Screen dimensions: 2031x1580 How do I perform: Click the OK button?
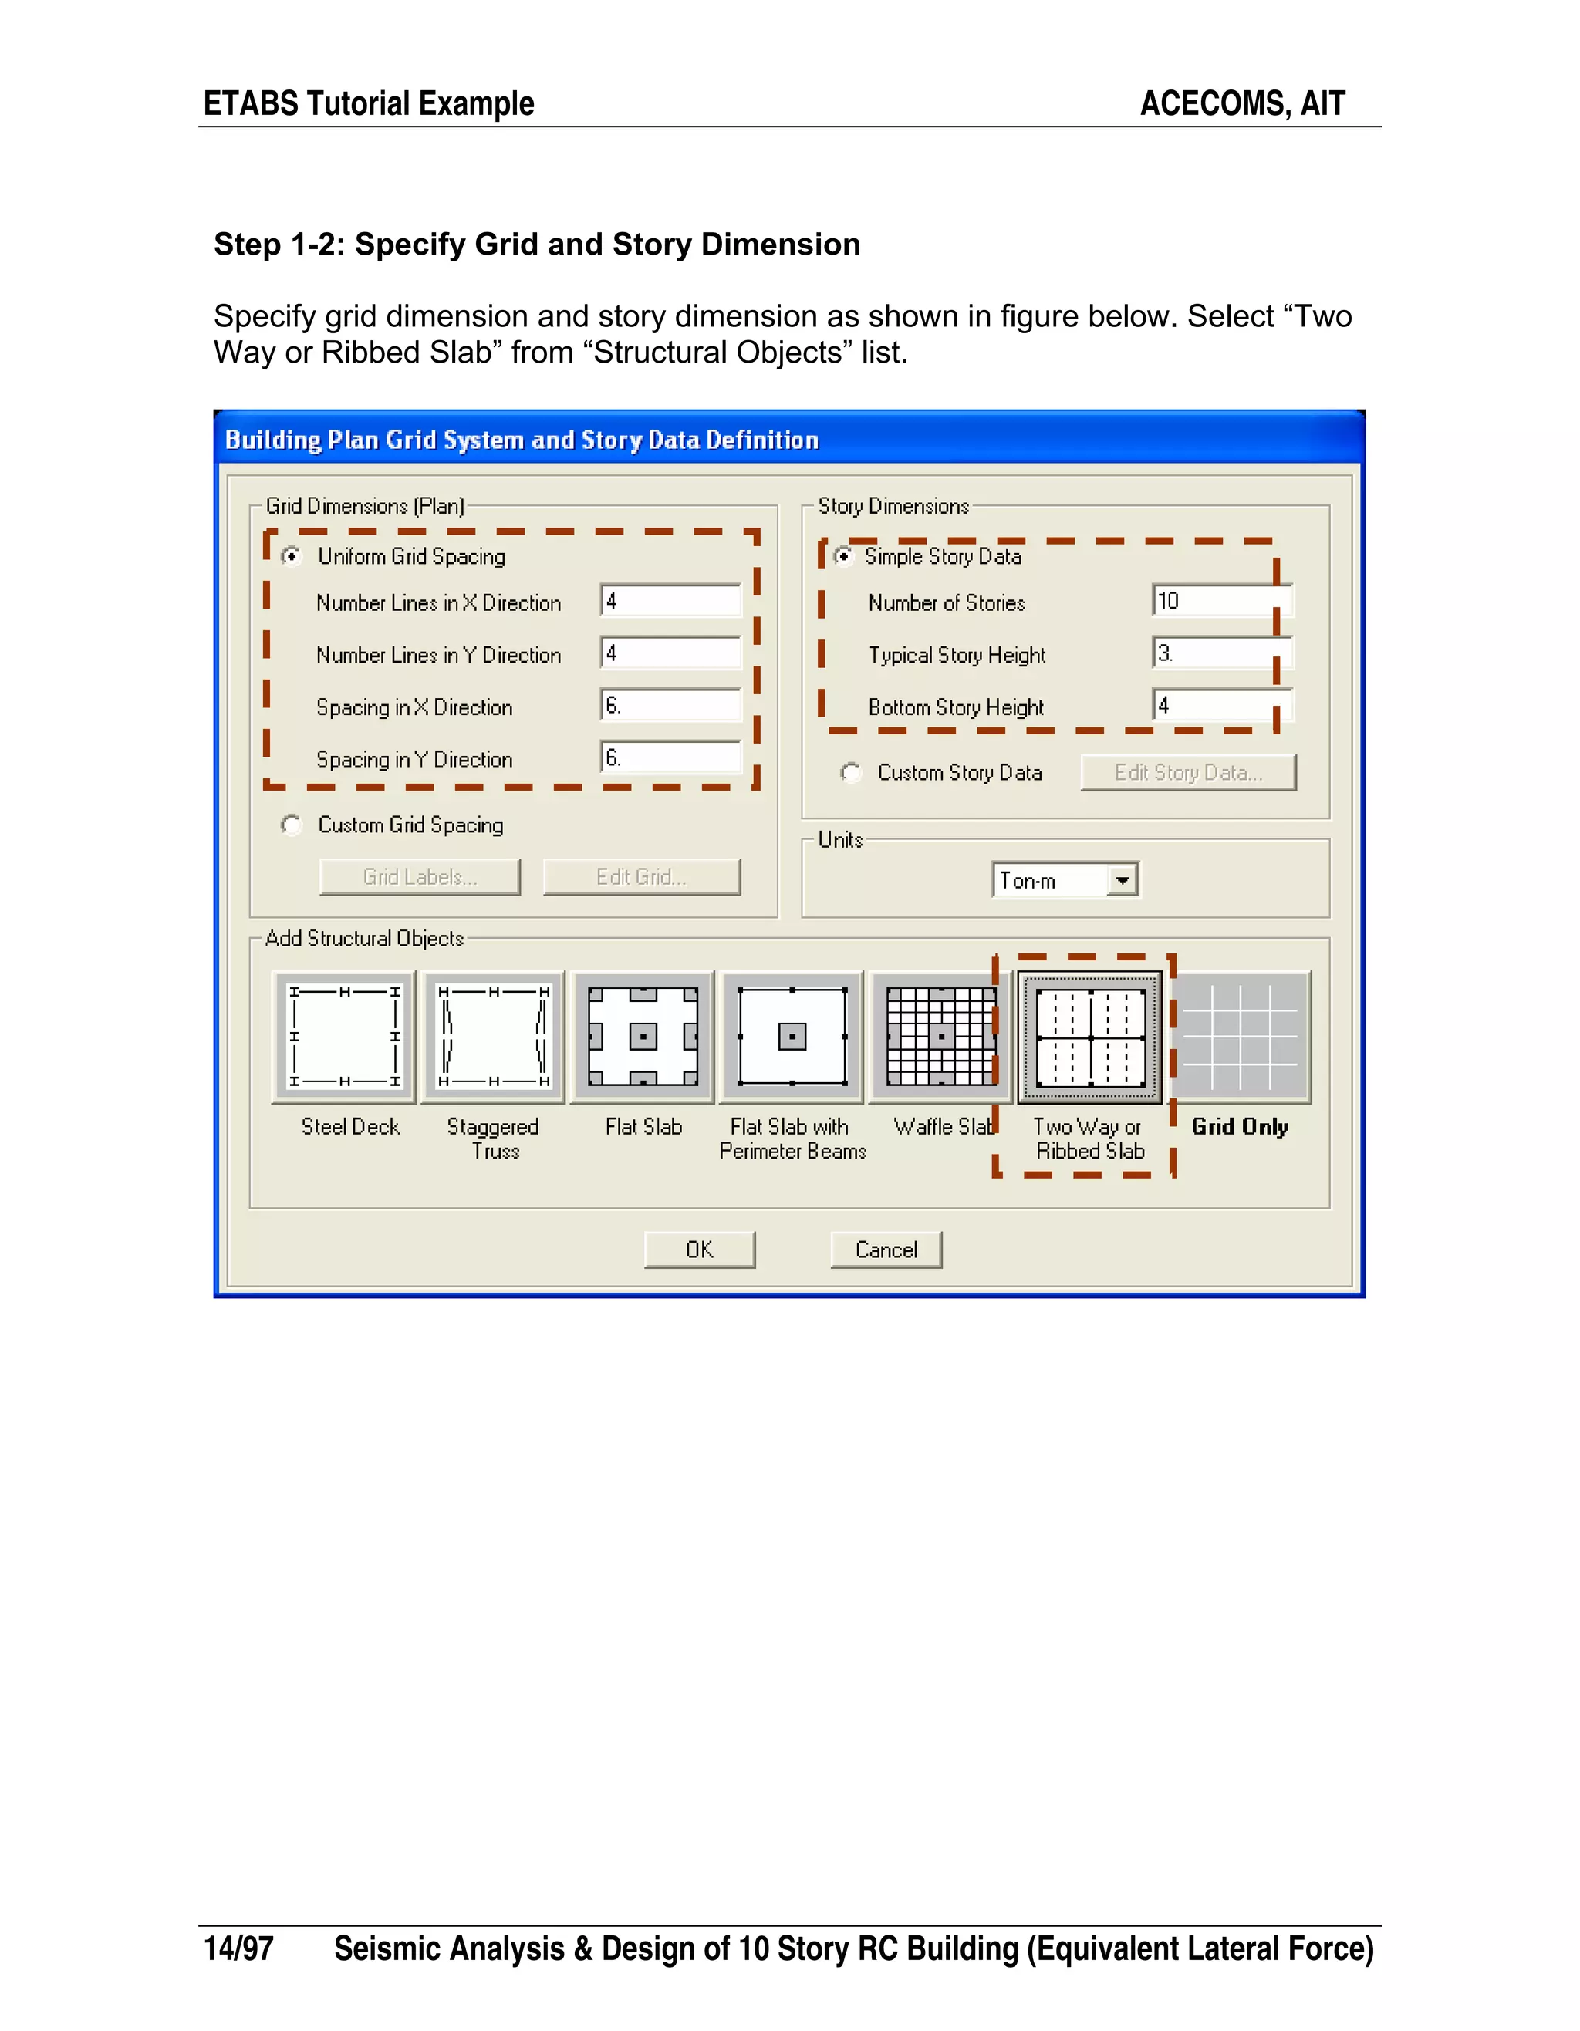pyautogui.click(x=699, y=1250)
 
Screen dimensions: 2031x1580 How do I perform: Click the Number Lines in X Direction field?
pyautogui.click(x=670, y=601)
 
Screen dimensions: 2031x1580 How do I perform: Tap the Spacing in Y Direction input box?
pyautogui.click(x=670, y=757)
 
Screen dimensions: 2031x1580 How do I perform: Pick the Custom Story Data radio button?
pyautogui.click(x=851, y=773)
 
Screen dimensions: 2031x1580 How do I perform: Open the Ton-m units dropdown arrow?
pyautogui.click(x=1123, y=879)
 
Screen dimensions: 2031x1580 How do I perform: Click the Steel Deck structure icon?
pyautogui.click(x=345, y=1037)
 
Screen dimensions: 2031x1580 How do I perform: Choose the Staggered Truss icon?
pyautogui.click(x=494, y=1037)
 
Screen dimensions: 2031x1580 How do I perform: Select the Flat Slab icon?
pyautogui.click(x=643, y=1037)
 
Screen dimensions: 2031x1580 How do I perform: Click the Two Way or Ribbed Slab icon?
pyautogui.click(x=1090, y=1037)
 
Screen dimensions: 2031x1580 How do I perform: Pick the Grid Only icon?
pyautogui.click(x=1241, y=1037)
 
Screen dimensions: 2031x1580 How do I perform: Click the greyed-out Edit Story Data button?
pyautogui.click(x=1187, y=773)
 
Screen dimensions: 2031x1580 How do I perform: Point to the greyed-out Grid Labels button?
pyautogui.click(x=420, y=877)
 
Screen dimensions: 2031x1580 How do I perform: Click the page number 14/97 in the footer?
pyautogui.click(x=239, y=1948)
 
